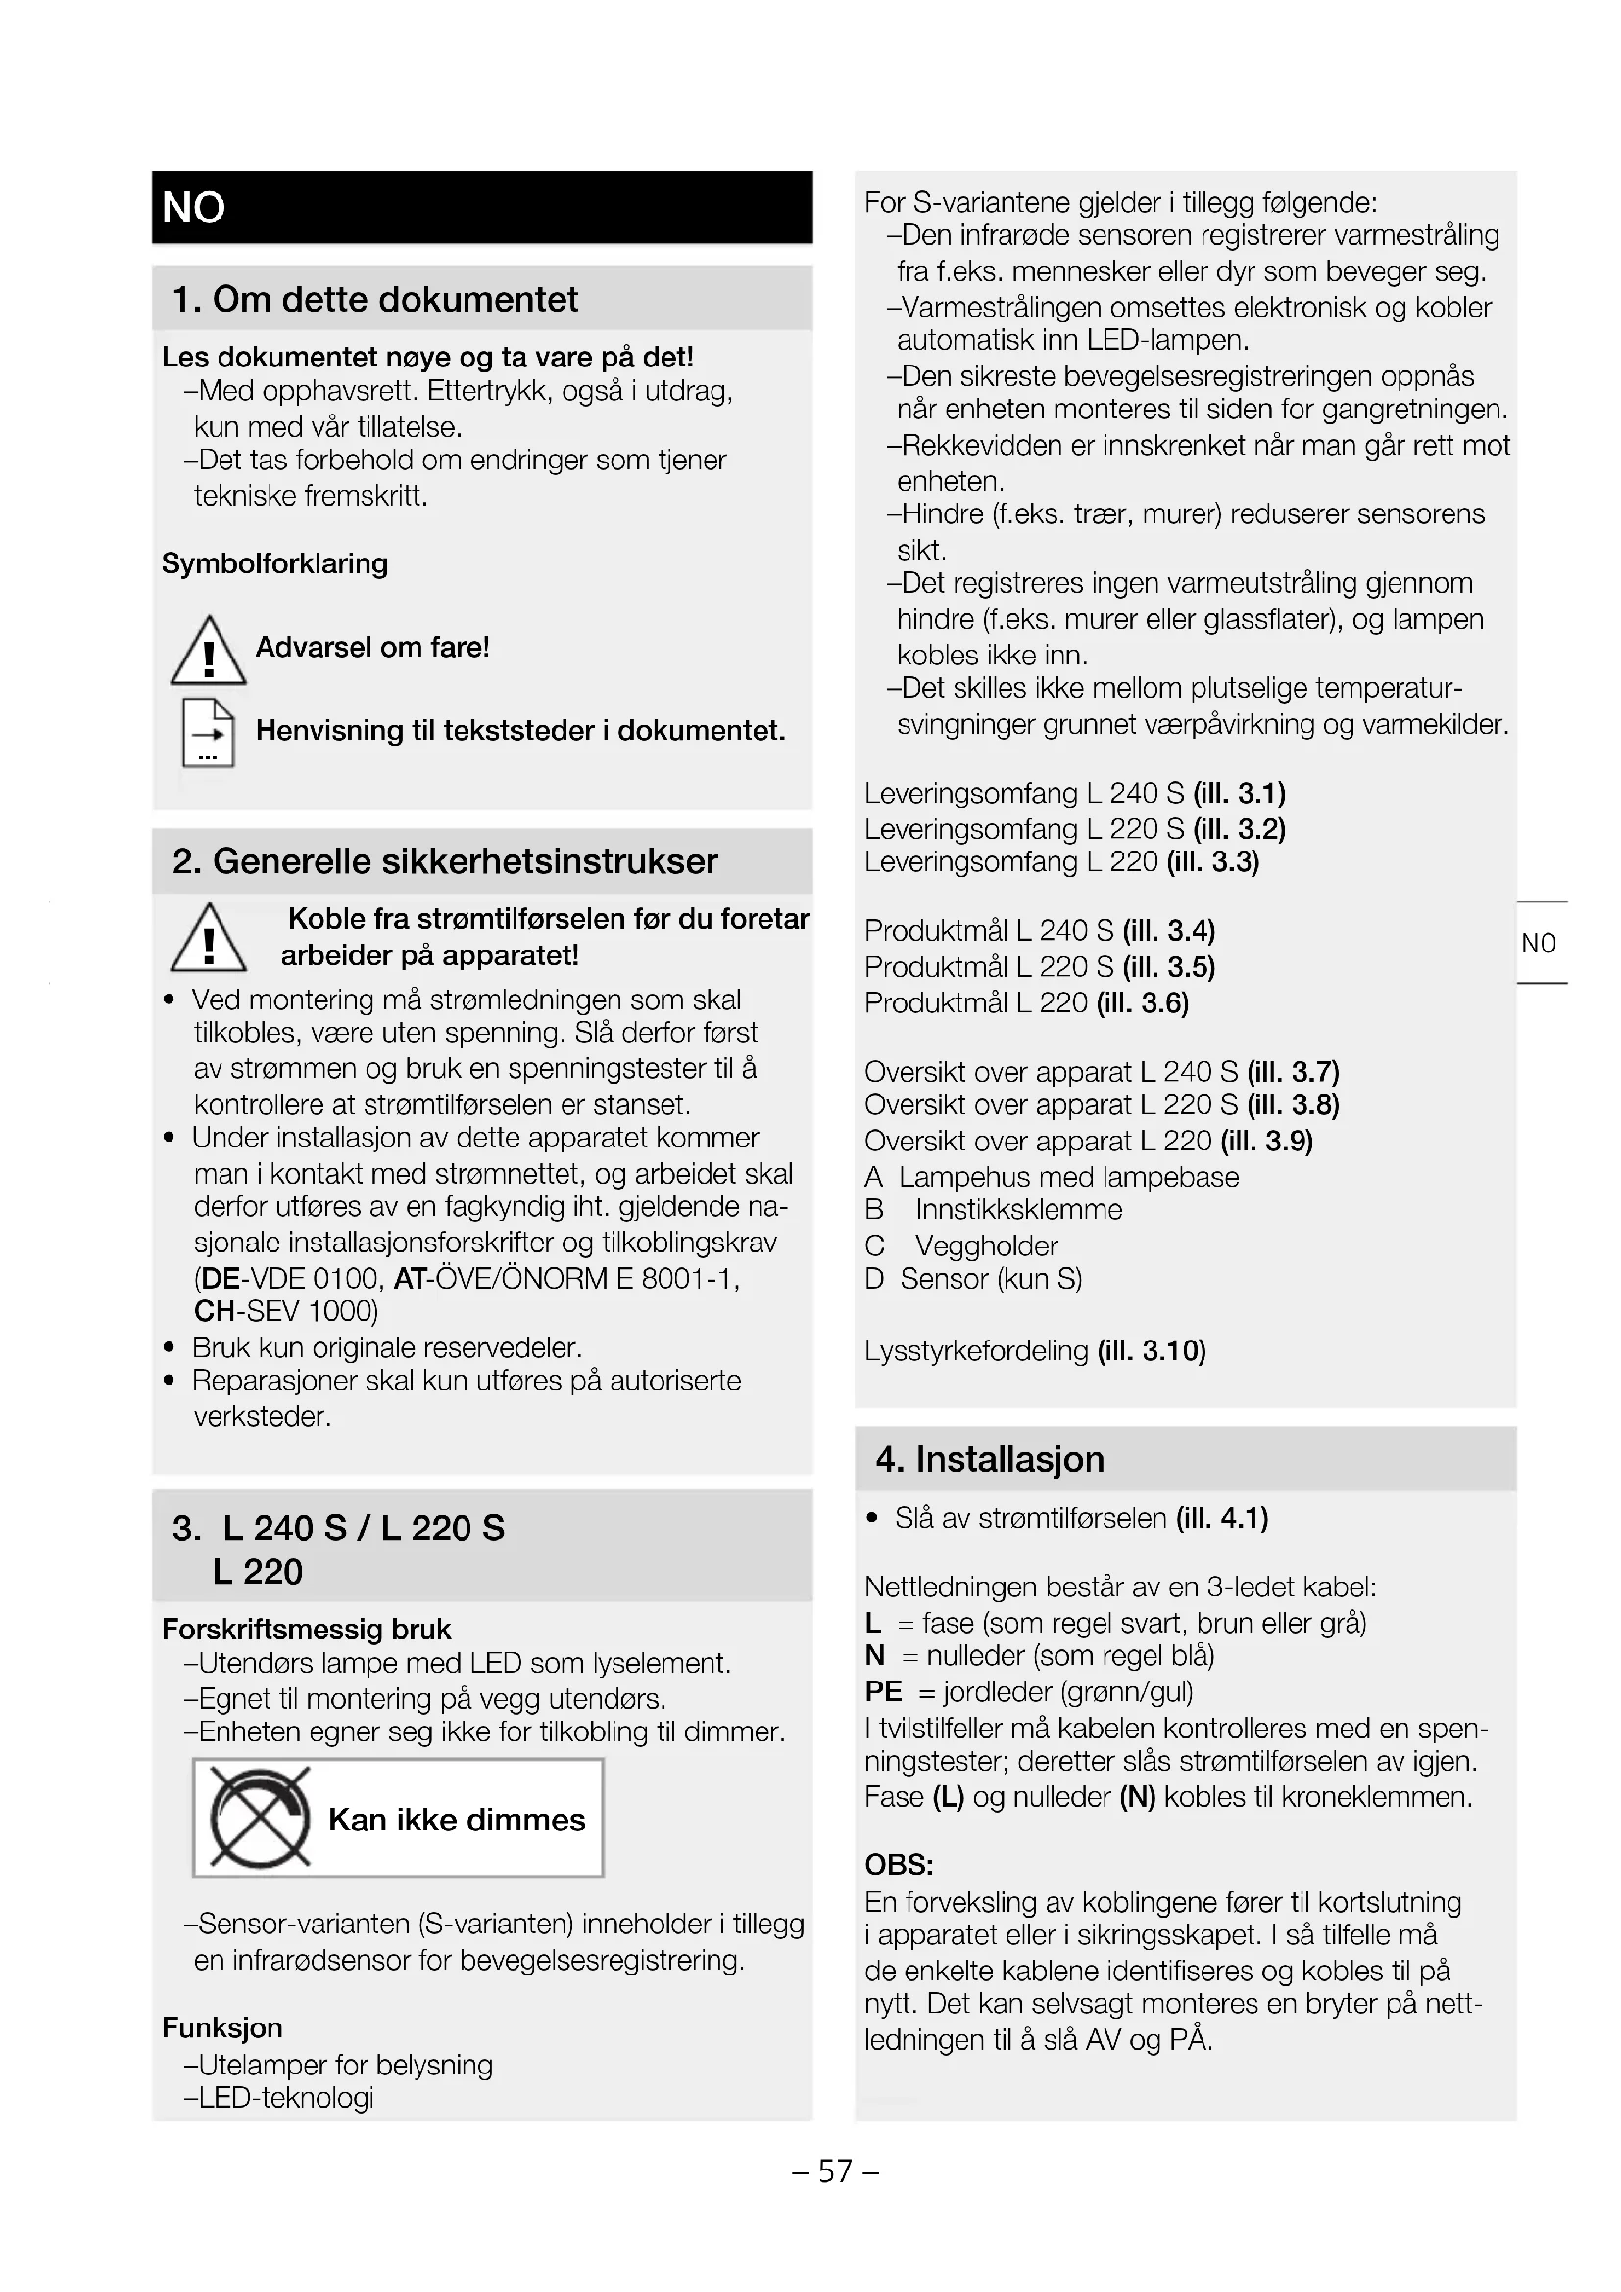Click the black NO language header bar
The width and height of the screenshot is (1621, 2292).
(482, 208)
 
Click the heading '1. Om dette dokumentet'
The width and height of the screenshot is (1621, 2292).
(375, 300)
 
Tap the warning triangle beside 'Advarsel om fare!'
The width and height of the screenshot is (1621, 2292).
(209, 652)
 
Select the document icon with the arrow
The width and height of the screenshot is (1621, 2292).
(209, 733)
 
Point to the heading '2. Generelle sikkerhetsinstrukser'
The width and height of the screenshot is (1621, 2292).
(445, 861)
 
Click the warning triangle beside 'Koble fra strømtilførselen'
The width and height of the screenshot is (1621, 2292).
(209, 938)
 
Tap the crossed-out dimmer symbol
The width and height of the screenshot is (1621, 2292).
(260, 1819)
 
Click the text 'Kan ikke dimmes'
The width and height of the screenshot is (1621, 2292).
(456, 1820)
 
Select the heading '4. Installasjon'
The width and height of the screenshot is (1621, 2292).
(990, 1459)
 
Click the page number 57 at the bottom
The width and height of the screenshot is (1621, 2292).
(835, 2171)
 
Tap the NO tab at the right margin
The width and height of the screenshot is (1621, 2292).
(1539, 944)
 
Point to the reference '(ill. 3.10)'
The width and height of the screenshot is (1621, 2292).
(1152, 1351)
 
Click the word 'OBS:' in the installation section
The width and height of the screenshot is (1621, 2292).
(900, 1865)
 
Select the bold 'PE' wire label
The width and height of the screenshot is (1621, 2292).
(883, 1692)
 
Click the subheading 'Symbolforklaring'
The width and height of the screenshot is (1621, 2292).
(275, 564)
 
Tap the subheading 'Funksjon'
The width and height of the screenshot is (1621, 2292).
(222, 2028)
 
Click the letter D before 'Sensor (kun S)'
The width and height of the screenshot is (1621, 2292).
(874, 1280)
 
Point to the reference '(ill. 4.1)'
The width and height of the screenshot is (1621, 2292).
(1222, 1518)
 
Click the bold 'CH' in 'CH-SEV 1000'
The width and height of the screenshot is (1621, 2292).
(214, 1311)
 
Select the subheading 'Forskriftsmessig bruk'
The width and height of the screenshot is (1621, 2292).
(307, 1630)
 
